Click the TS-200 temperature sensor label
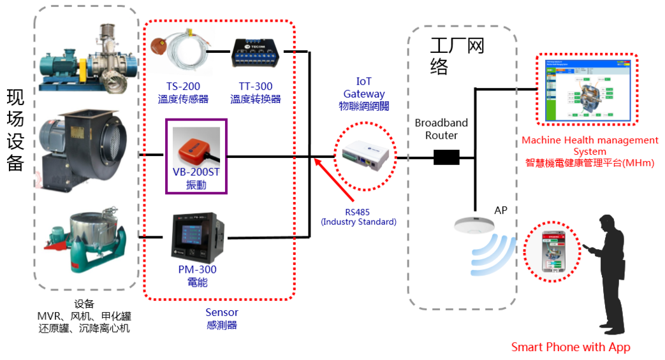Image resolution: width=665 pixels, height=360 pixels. (x=183, y=87)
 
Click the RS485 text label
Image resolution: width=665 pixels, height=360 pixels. (x=358, y=212)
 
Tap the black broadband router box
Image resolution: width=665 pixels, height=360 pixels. (x=446, y=157)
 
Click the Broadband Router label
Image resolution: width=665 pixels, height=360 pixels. (x=441, y=129)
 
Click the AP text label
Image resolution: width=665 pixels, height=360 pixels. (x=501, y=210)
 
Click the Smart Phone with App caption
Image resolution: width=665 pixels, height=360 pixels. (x=570, y=347)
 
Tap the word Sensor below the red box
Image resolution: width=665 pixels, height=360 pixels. (x=221, y=312)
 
